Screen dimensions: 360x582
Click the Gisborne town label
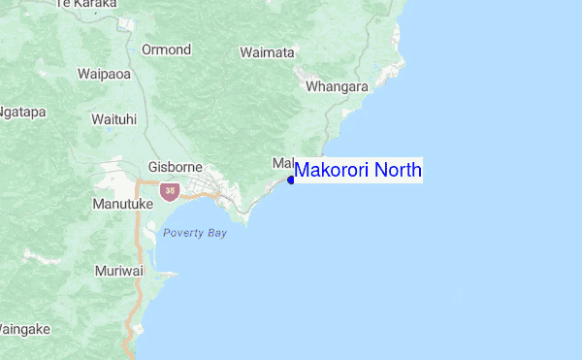[175, 167]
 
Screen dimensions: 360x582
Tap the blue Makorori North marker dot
[291, 180]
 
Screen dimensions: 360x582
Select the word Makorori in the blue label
[333, 171]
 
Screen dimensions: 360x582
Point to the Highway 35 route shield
[170, 191]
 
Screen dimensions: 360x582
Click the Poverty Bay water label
[195, 233]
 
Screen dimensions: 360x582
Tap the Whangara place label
[337, 86]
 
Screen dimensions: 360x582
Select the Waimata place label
[267, 52]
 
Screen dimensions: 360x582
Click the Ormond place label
[166, 49]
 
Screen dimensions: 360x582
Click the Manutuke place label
[122, 205]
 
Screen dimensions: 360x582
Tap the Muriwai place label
[118, 271]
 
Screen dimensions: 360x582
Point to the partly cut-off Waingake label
[23, 330]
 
